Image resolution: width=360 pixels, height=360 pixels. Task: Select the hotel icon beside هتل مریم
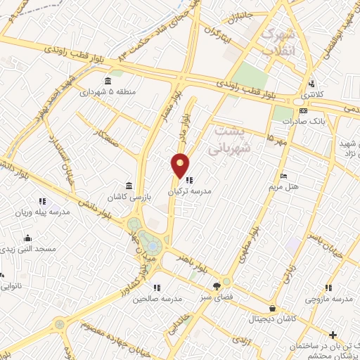pos(283,176)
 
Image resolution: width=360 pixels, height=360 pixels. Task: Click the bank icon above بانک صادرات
pos(303,110)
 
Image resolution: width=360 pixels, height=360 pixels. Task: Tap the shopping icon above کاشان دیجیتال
pos(272,308)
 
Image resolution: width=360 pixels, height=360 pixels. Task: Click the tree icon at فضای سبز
pos(217,285)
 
